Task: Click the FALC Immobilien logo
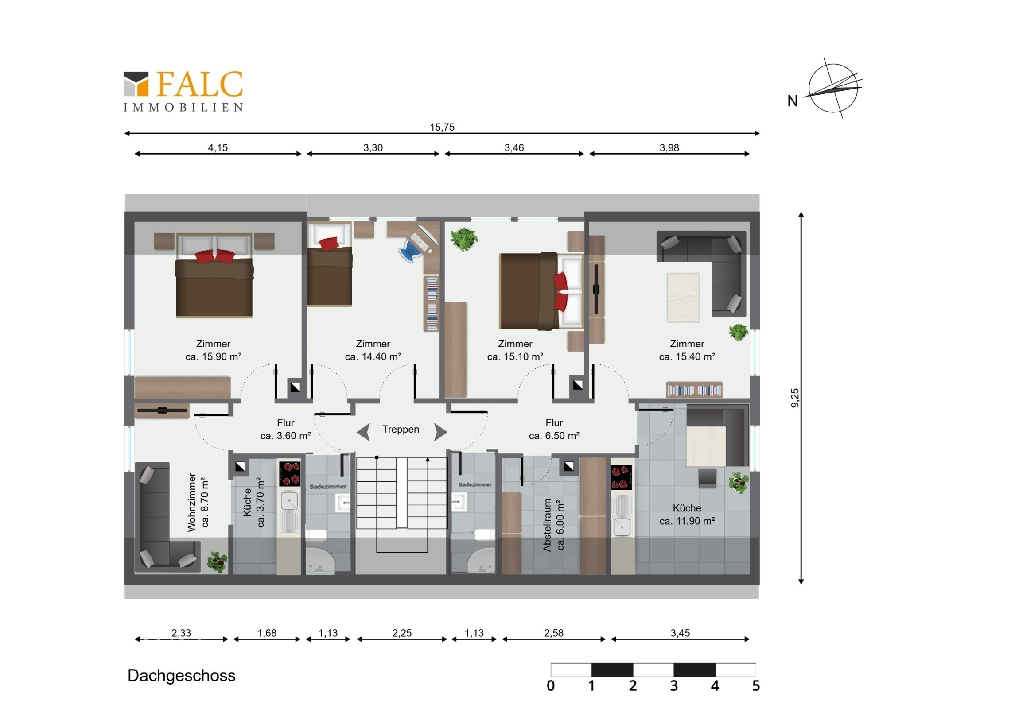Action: click(183, 91)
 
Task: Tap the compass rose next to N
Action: click(833, 88)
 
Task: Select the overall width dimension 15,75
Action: click(442, 127)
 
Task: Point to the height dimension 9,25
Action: click(795, 398)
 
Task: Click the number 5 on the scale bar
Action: click(756, 686)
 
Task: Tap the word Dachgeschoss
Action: click(182, 676)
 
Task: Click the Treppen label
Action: click(401, 429)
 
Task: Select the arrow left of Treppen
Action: click(364, 432)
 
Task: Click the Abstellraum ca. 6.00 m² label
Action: click(553, 525)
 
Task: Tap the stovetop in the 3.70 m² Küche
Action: click(290, 474)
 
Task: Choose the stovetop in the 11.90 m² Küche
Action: click(621, 477)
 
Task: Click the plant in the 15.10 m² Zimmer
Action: click(464, 239)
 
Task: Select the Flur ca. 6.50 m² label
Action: click(554, 429)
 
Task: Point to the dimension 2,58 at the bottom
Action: click(553, 633)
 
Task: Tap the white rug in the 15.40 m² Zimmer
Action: click(683, 297)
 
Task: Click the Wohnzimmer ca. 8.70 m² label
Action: click(198, 502)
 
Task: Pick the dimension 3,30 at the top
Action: click(373, 148)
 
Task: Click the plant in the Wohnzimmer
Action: click(217, 561)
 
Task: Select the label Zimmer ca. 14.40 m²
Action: click(373, 350)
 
